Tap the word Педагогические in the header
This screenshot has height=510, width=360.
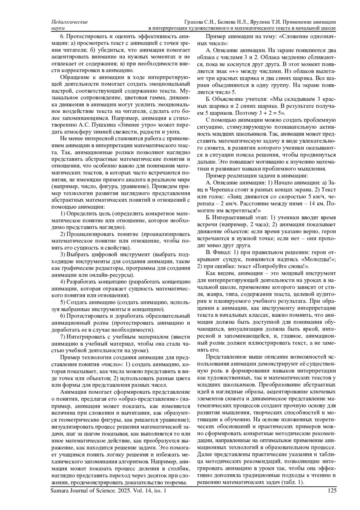tap(70, 22)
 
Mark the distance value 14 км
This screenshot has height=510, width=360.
tap(307, 203)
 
